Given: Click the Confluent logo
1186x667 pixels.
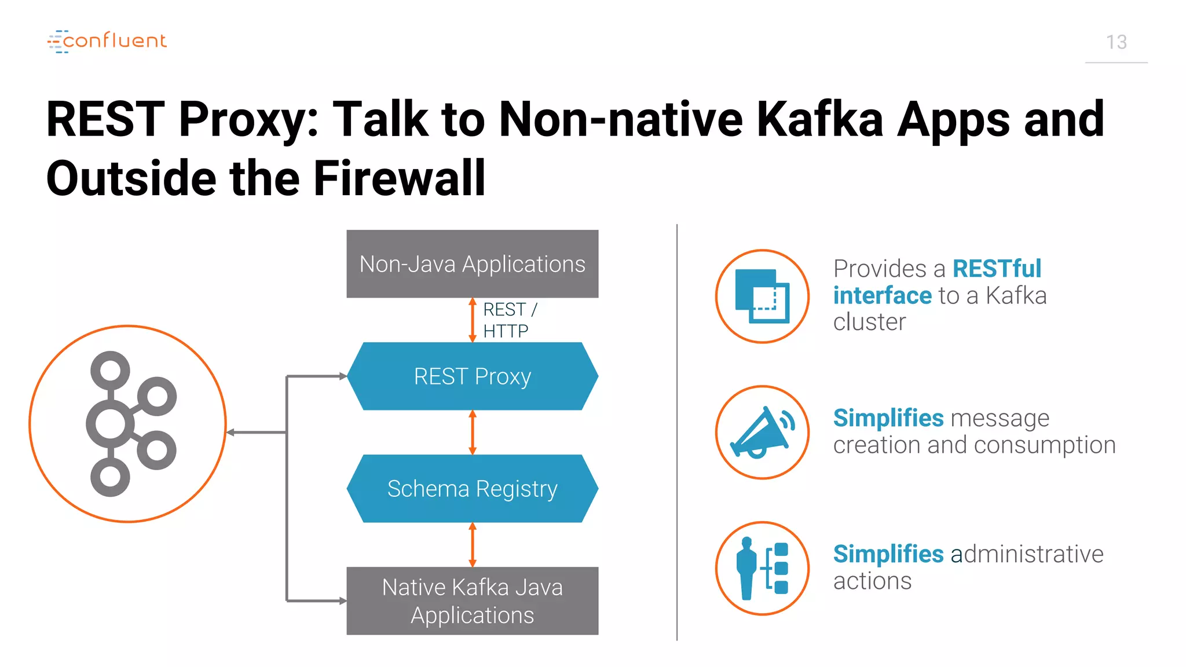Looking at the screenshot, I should point(107,41).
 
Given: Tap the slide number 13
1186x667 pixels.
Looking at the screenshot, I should point(1116,42).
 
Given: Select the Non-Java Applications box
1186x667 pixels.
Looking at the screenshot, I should point(472,264).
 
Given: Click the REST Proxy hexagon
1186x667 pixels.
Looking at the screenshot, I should point(472,376).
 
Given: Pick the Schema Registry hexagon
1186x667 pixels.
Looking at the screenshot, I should point(472,489).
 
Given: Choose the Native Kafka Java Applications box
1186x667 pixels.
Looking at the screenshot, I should point(472,601).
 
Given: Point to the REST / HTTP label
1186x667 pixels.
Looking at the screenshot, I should point(509,320).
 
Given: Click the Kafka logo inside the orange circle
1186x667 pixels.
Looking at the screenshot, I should point(130,424).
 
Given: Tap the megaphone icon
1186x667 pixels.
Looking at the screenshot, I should point(762,433).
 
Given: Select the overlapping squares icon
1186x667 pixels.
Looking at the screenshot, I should point(762,296).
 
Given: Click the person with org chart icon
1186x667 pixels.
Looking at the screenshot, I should point(762,568).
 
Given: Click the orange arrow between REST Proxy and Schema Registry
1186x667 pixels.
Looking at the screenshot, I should point(473,433).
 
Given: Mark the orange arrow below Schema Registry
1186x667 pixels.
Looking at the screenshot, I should point(473,545).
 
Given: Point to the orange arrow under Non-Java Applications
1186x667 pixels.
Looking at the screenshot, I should point(473,320).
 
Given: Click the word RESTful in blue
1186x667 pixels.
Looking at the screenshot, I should point(997,269).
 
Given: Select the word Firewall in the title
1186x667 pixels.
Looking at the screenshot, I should point(399,178).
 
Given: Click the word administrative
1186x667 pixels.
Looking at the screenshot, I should point(1027,554).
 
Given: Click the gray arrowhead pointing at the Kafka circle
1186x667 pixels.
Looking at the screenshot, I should point(230,433).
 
